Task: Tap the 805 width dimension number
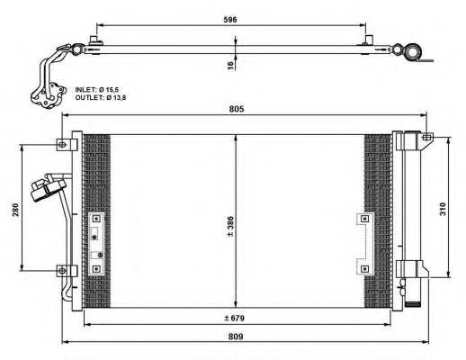tap(237, 109)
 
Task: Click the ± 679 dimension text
tap(237, 319)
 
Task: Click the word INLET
tap(85, 90)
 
